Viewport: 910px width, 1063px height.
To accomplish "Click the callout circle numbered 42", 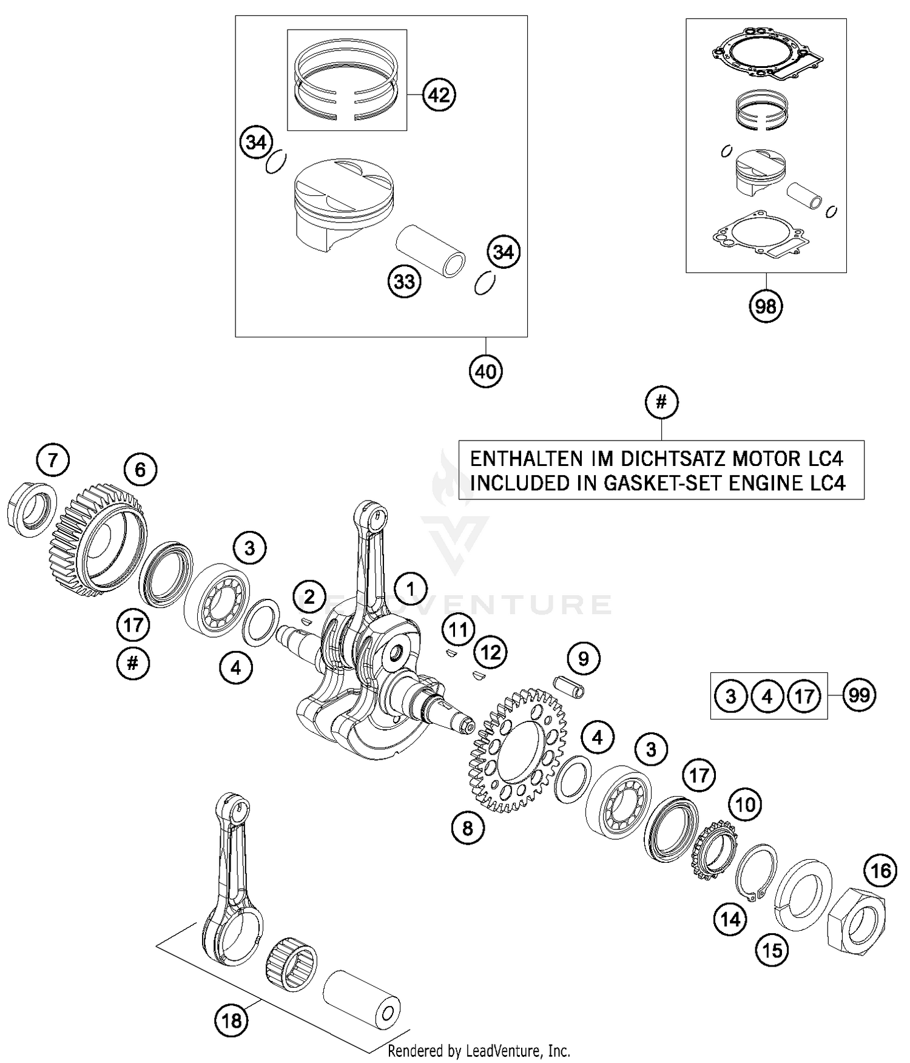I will point(439,95).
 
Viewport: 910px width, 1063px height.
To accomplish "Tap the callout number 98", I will point(765,306).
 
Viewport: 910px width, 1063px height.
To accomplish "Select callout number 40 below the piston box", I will point(486,371).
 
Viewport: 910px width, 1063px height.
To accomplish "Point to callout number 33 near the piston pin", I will point(405,281).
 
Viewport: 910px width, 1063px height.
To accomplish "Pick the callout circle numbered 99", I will point(859,695).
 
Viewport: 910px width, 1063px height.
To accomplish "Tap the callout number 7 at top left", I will point(53,460).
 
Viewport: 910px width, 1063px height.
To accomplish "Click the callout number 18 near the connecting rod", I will point(231,1021).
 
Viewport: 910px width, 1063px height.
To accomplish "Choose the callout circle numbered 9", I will point(584,658).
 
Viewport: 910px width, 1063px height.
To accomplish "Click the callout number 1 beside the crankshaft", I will point(410,589).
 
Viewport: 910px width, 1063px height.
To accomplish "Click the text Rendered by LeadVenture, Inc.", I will point(479,1050).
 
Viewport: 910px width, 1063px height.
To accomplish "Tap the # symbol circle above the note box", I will point(661,402).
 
